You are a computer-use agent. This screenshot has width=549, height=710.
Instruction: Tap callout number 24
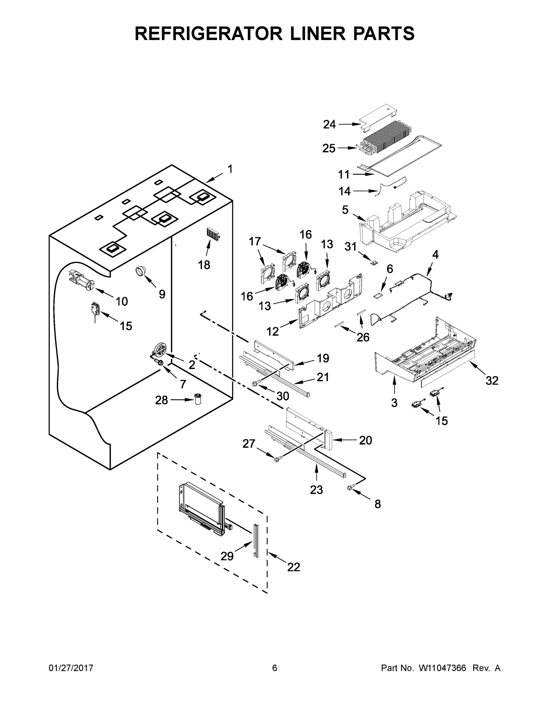(x=329, y=124)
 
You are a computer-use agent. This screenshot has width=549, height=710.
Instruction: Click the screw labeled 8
(x=350, y=496)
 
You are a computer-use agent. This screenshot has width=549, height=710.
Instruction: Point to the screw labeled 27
(x=277, y=459)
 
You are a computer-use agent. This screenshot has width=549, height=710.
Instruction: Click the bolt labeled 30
(x=255, y=384)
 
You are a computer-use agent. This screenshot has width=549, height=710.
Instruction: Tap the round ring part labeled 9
(x=141, y=271)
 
